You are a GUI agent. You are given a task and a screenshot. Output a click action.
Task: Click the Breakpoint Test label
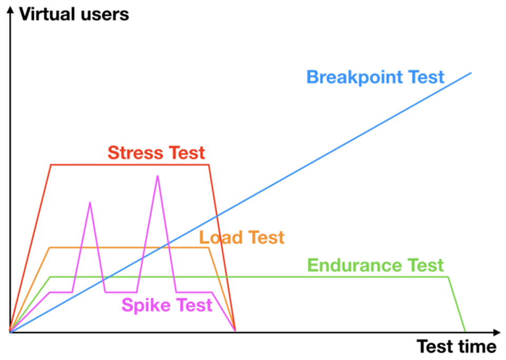pyautogui.click(x=375, y=77)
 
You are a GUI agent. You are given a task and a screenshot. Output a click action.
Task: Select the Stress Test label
pyautogui.click(x=156, y=153)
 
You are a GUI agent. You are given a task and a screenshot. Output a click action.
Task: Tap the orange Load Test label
pyautogui.click(x=242, y=237)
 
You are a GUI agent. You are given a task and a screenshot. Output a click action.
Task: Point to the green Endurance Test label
pyautogui.click(x=375, y=265)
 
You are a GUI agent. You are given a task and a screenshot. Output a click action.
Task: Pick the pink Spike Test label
pyautogui.click(x=167, y=305)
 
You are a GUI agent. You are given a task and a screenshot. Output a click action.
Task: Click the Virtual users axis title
pyautogui.click(x=74, y=14)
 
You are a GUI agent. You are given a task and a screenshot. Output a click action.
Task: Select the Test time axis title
pyautogui.click(x=456, y=346)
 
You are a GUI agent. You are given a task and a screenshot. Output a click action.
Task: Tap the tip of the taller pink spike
pyautogui.click(x=157, y=176)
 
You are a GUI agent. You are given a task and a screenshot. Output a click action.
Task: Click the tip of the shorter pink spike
pyautogui.click(x=90, y=202)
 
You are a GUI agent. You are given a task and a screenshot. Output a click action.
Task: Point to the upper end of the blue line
pyautogui.click(x=471, y=72)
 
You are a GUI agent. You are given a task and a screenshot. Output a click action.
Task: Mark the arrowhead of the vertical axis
pyautogui.click(x=9, y=7)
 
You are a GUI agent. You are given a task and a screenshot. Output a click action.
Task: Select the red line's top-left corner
pyautogui.click(x=51, y=165)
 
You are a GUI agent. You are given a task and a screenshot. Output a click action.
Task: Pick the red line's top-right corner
pyautogui.click(x=209, y=165)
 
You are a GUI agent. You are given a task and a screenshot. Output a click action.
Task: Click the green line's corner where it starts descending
pyautogui.click(x=449, y=277)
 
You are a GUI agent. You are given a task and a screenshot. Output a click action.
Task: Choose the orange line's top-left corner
pyautogui.click(x=49, y=247)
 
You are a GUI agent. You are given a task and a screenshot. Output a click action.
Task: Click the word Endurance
pyautogui.click(x=350, y=265)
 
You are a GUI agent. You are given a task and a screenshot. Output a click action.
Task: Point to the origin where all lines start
pyautogui.click(x=9, y=332)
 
